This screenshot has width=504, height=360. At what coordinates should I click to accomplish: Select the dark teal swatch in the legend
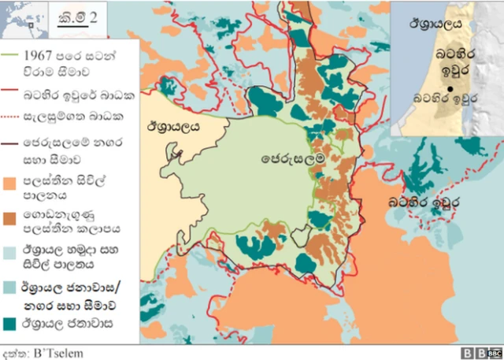tap(13, 322)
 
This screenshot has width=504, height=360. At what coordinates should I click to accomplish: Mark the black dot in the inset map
tap(449, 89)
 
